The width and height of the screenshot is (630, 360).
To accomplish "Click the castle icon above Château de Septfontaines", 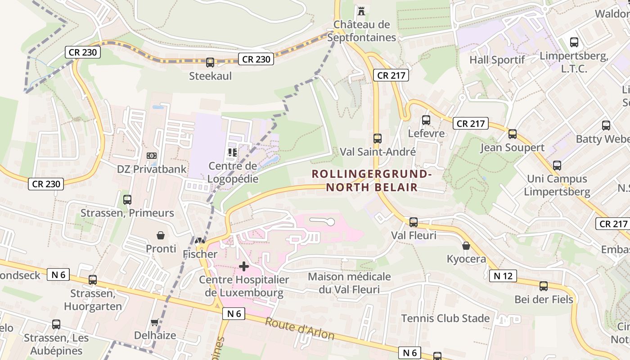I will (x=361, y=10).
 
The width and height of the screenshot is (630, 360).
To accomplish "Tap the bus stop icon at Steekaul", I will (x=210, y=63).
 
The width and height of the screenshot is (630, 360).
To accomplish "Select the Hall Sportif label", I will (x=497, y=60).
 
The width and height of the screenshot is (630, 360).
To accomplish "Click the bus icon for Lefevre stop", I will (x=426, y=120).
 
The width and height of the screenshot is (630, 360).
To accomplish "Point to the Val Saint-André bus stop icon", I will (x=378, y=139).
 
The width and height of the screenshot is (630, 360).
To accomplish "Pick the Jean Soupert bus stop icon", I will (x=512, y=134).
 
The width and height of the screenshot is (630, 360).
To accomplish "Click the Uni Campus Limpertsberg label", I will (x=557, y=185).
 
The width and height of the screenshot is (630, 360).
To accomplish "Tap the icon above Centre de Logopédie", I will (x=233, y=153).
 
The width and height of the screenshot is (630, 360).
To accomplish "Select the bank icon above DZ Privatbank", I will (x=152, y=156).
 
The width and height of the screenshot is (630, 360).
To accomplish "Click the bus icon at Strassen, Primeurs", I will (x=127, y=199).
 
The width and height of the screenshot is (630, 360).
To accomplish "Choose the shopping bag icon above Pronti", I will (x=161, y=235).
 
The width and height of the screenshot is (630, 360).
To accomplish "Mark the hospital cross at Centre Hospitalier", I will (x=243, y=266).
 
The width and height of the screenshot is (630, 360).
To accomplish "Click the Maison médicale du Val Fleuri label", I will (x=349, y=283).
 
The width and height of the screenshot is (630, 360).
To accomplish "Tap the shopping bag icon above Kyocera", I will (x=466, y=246).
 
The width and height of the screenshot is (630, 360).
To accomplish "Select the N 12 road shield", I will (x=503, y=276).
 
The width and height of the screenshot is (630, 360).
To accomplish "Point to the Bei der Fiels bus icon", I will (x=544, y=286).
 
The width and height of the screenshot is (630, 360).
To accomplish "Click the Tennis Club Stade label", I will (x=445, y=318).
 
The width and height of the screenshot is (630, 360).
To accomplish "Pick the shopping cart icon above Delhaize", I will (x=155, y=322).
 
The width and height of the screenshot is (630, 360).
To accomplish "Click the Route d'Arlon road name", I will (x=299, y=329).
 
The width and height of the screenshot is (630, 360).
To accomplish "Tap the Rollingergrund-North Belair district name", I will (x=372, y=180).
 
